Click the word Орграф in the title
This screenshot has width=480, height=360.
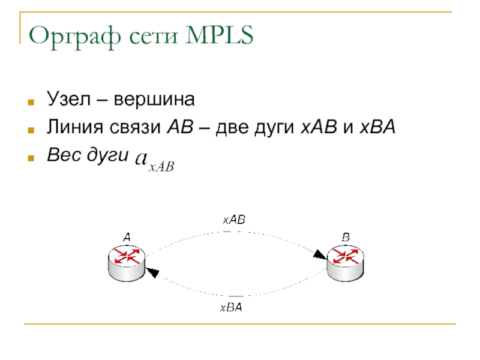(x=73, y=37)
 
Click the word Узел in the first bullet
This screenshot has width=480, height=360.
(x=65, y=98)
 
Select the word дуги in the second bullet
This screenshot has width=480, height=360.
(x=275, y=128)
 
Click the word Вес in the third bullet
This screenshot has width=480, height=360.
(x=60, y=156)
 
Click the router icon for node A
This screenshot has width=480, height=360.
(x=126, y=262)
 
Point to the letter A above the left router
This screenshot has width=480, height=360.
(x=127, y=238)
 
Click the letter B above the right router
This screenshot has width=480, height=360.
(x=346, y=238)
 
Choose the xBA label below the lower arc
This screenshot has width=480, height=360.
(x=231, y=308)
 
